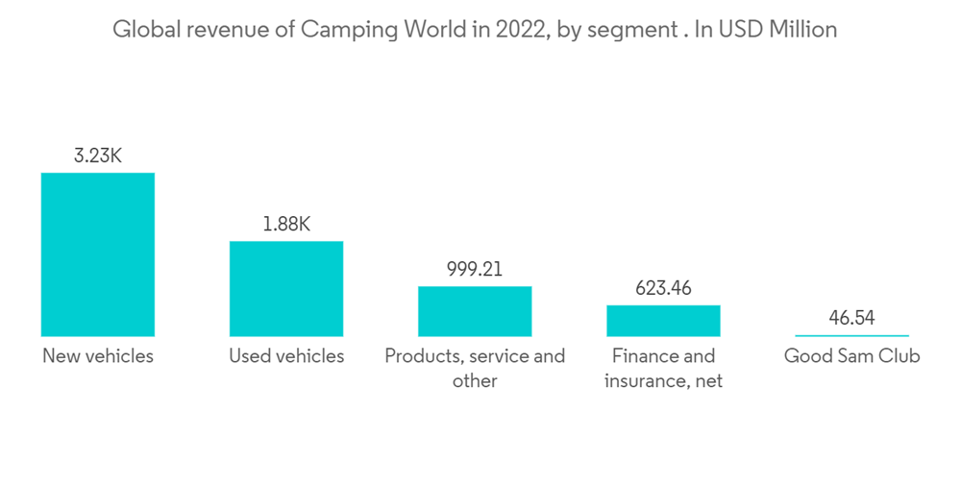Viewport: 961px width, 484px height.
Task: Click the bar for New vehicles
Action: click(x=97, y=254)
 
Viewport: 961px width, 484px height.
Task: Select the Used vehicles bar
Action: click(x=285, y=288)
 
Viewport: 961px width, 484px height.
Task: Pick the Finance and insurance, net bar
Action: click(x=663, y=321)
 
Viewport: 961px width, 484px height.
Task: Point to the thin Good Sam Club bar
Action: click(x=851, y=335)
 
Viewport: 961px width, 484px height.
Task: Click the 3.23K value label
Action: click(x=97, y=156)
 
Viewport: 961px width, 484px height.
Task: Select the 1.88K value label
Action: click(x=286, y=224)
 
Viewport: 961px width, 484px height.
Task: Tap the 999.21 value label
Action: click(x=475, y=269)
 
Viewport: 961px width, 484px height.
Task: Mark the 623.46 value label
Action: click(x=663, y=288)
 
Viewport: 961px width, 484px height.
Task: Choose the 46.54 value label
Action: click(x=851, y=318)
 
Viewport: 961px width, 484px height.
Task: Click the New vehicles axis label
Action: click(x=97, y=356)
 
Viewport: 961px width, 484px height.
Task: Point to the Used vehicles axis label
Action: click(x=286, y=356)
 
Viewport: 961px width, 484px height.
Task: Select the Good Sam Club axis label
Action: click(x=851, y=356)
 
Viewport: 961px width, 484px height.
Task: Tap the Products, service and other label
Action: click(x=475, y=368)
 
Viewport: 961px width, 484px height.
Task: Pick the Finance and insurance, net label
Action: click(x=663, y=368)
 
